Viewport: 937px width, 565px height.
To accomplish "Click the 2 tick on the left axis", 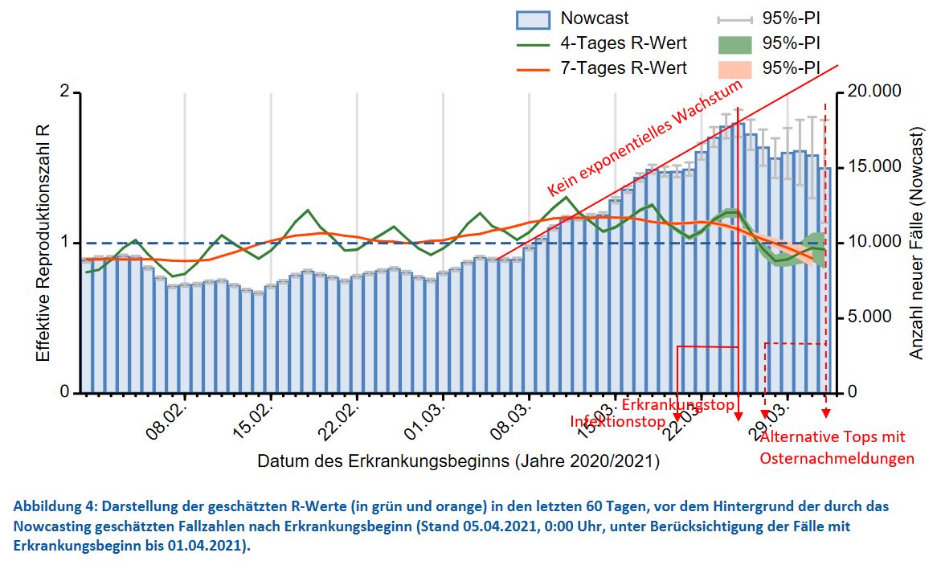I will click(x=65, y=92).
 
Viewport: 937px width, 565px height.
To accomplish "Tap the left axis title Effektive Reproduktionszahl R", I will click(x=43, y=243).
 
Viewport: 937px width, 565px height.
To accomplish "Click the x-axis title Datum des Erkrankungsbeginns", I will click(x=458, y=462).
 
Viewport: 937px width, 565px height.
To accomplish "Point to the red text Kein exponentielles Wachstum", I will click(x=645, y=138).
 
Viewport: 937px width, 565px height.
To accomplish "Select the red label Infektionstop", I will click(x=618, y=422).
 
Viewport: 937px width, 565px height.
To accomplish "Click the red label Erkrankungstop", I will click(x=677, y=404).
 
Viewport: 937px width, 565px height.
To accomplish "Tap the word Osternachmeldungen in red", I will click(x=837, y=459).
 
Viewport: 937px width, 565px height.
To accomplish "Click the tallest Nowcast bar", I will click(x=739, y=257).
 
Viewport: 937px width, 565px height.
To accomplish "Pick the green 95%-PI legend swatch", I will click(x=734, y=43).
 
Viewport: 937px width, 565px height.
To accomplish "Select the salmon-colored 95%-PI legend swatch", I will click(x=734, y=68).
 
